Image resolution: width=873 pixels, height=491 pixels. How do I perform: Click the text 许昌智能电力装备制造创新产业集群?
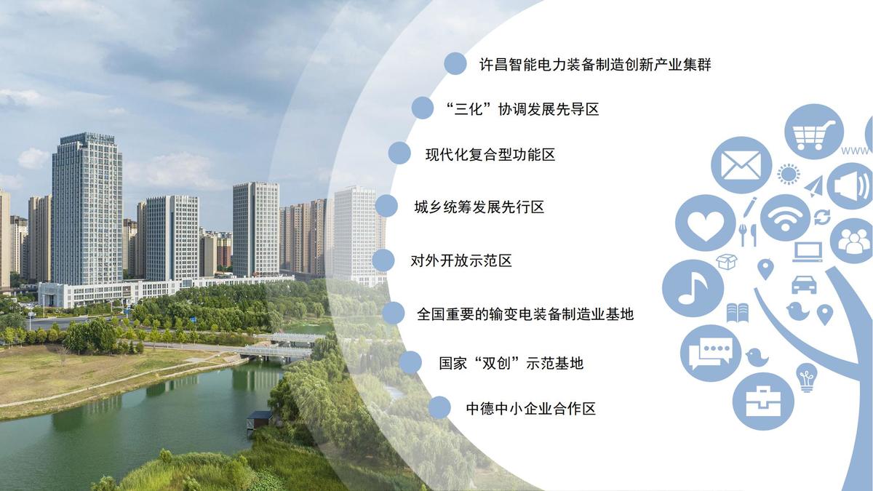click(x=595, y=64)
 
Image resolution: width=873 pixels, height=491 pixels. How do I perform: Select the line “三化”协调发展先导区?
click(x=522, y=109)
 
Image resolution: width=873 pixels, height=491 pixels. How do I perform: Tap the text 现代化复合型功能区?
click(x=490, y=155)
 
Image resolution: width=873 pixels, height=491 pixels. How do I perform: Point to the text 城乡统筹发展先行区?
click(x=479, y=207)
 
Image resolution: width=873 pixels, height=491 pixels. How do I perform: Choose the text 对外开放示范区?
click(x=461, y=260)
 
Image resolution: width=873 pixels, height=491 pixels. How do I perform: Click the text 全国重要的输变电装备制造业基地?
click(x=525, y=314)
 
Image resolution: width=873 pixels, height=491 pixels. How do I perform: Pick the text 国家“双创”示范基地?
click(x=511, y=363)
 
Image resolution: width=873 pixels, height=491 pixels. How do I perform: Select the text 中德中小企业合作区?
click(x=531, y=408)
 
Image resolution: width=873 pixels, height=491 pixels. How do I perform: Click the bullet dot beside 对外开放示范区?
click(x=383, y=260)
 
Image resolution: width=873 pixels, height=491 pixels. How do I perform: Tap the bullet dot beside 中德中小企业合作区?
click(x=439, y=407)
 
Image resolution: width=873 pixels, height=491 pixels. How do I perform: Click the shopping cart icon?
click(x=814, y=132)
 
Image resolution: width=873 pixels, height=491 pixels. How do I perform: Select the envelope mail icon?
click(x=741, y=165)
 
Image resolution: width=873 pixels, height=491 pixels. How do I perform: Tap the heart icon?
click(x=706, y=223)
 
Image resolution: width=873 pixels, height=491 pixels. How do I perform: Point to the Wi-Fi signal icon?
click(x=785, y=218)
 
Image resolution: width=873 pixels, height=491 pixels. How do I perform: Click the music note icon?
click(x=693, y=288)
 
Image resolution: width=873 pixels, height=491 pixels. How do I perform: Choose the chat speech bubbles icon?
click(x=711, y=353)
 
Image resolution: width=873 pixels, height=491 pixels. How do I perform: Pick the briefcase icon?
click(x=763, y=402)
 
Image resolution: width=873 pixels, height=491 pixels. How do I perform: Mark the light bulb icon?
click(x=807, y=378)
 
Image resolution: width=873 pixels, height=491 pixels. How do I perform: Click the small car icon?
click(x=804, y=284)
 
